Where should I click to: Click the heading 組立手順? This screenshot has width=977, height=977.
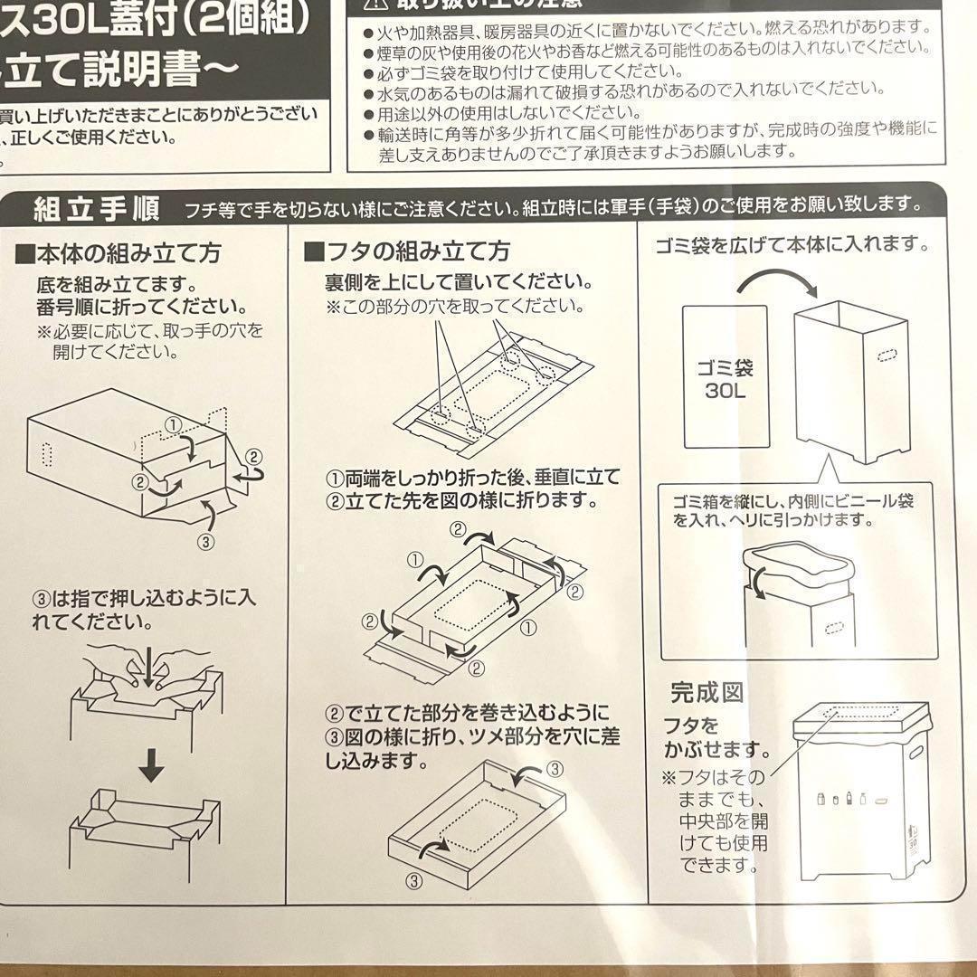pos(96,210)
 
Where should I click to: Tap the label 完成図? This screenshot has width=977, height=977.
pos(707,693)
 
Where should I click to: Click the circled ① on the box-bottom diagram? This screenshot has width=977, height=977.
pos(174,424)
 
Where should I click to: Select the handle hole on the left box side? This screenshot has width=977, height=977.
pos(48,452)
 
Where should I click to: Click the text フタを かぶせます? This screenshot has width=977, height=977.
pos(715,737)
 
